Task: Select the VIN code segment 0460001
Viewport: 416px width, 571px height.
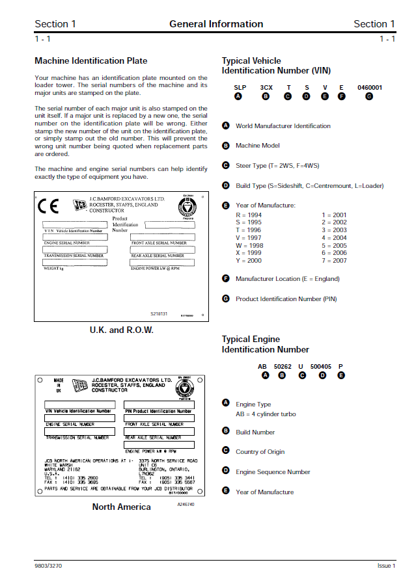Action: (x=369, y=87)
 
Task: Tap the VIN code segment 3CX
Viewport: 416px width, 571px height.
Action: (x=266, y=87)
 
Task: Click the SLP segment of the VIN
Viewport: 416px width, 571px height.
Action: (x=240, y=87)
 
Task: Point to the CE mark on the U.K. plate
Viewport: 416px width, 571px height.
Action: (x=48, y=206)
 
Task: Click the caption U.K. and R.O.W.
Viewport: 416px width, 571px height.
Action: (x=121, y=330)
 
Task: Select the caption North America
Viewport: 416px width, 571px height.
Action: (x=121, y=507)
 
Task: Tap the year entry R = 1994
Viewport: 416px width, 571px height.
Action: (x=249, y=215)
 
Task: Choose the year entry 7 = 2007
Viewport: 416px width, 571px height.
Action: (x=334, y=260)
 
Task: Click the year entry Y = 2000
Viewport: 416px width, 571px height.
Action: (x=249, y=260)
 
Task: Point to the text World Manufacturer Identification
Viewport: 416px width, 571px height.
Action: (x=283, y=126)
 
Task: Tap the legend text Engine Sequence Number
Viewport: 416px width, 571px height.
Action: (x=273, y=471)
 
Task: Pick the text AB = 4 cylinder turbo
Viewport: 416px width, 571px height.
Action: (x=266, y=414)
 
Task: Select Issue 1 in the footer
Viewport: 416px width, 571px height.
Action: (x=386, y=566)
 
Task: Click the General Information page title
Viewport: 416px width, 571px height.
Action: (x=216, y=24)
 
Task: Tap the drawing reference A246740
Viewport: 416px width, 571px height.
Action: (x=186, y=505)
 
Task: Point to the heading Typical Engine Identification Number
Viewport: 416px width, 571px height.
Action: (x=265, y=344)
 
